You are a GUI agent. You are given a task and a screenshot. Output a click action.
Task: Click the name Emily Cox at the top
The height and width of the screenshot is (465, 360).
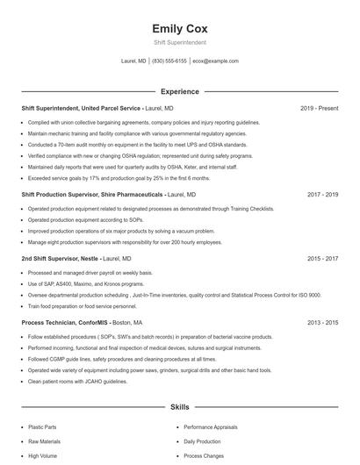(179, 29)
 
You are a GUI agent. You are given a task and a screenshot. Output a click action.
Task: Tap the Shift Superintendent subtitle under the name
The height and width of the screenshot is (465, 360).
(179, 42)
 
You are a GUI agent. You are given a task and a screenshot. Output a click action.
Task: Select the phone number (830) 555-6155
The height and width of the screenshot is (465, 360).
(169, 61)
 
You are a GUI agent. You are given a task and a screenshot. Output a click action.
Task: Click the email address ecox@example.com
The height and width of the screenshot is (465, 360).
(216, 61)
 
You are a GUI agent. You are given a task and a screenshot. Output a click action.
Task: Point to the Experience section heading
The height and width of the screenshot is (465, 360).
(179, 91)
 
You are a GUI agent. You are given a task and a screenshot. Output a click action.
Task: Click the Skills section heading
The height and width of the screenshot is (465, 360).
(179, 408)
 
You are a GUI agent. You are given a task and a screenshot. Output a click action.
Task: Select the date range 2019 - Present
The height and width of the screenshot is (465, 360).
(319, 109)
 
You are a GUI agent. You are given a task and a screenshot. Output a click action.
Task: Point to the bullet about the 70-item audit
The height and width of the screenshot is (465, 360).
(138, 144)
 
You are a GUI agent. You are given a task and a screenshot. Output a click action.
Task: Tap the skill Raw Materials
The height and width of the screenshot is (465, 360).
(45, 441)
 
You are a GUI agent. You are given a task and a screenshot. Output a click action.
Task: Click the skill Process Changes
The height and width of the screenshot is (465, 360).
(203, 456)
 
